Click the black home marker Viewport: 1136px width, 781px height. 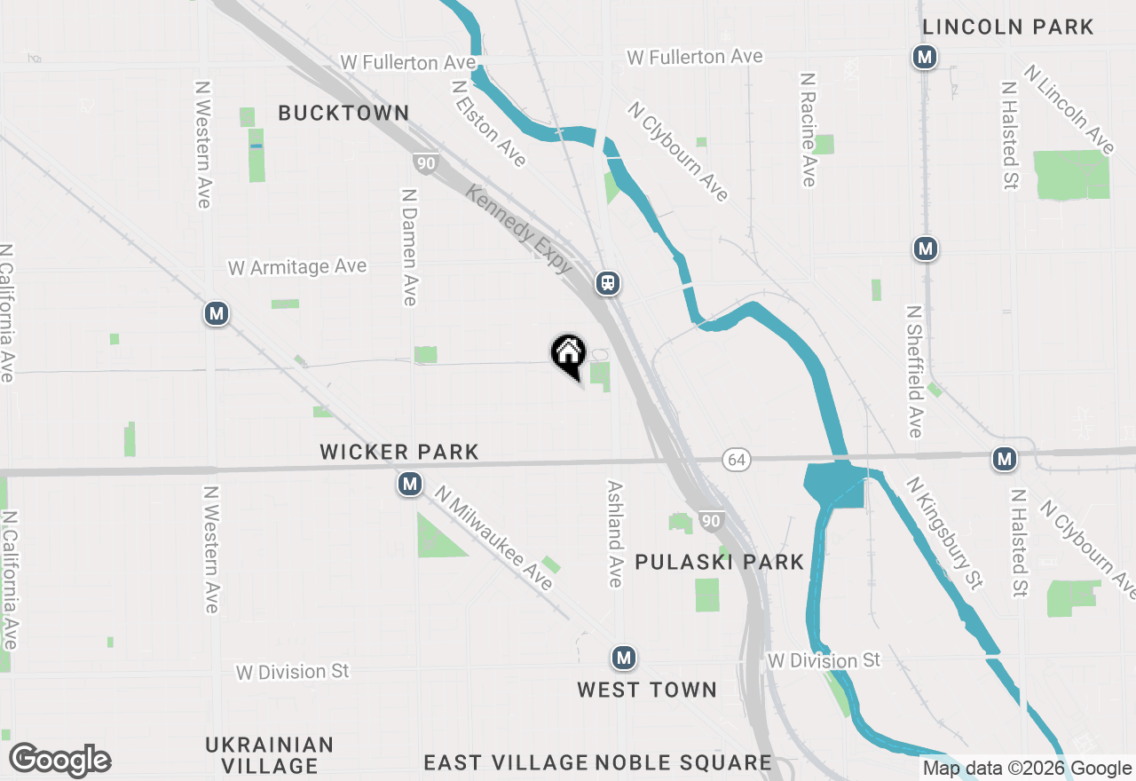pyautogui.click(x=569, y=354)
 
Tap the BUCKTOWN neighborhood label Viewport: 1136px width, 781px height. pyautogui.click(x=343, y=113)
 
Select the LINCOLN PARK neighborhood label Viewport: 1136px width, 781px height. pyautogui.click(x=1008, y=27)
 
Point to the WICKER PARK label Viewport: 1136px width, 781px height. pyautogui.click(x=399, y=453)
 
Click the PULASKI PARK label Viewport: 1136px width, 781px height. pyautogui.click(x=720, y=562)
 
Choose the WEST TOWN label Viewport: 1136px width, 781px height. pyautogui.click(x=647, y=690)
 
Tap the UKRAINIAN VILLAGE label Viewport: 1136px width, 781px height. pyautogui.click(x=269, y=754)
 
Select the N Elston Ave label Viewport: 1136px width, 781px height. pyautogui.click(x=488, y=124)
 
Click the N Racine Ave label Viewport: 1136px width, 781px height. pyautogui.click(x=808, y=130)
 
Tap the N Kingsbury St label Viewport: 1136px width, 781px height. pyautogui.click(x=945, y=532)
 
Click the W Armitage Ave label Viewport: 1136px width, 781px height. pyautogui.click(x=297, y=266)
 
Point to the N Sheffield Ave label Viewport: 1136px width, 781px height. pyautogui.click(x=915, y=371)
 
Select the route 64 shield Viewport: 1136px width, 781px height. pyautogui.click(x=735, y=459)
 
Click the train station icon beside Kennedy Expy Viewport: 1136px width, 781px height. pyautogui.click(x=608, y=283)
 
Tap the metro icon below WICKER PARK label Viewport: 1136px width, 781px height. pyautogui.click(x=409, y=484)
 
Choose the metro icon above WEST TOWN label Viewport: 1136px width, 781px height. pyautogui.click(x=624, y=658)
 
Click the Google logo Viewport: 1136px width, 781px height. pyautogui.click(x=59, y=760)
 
